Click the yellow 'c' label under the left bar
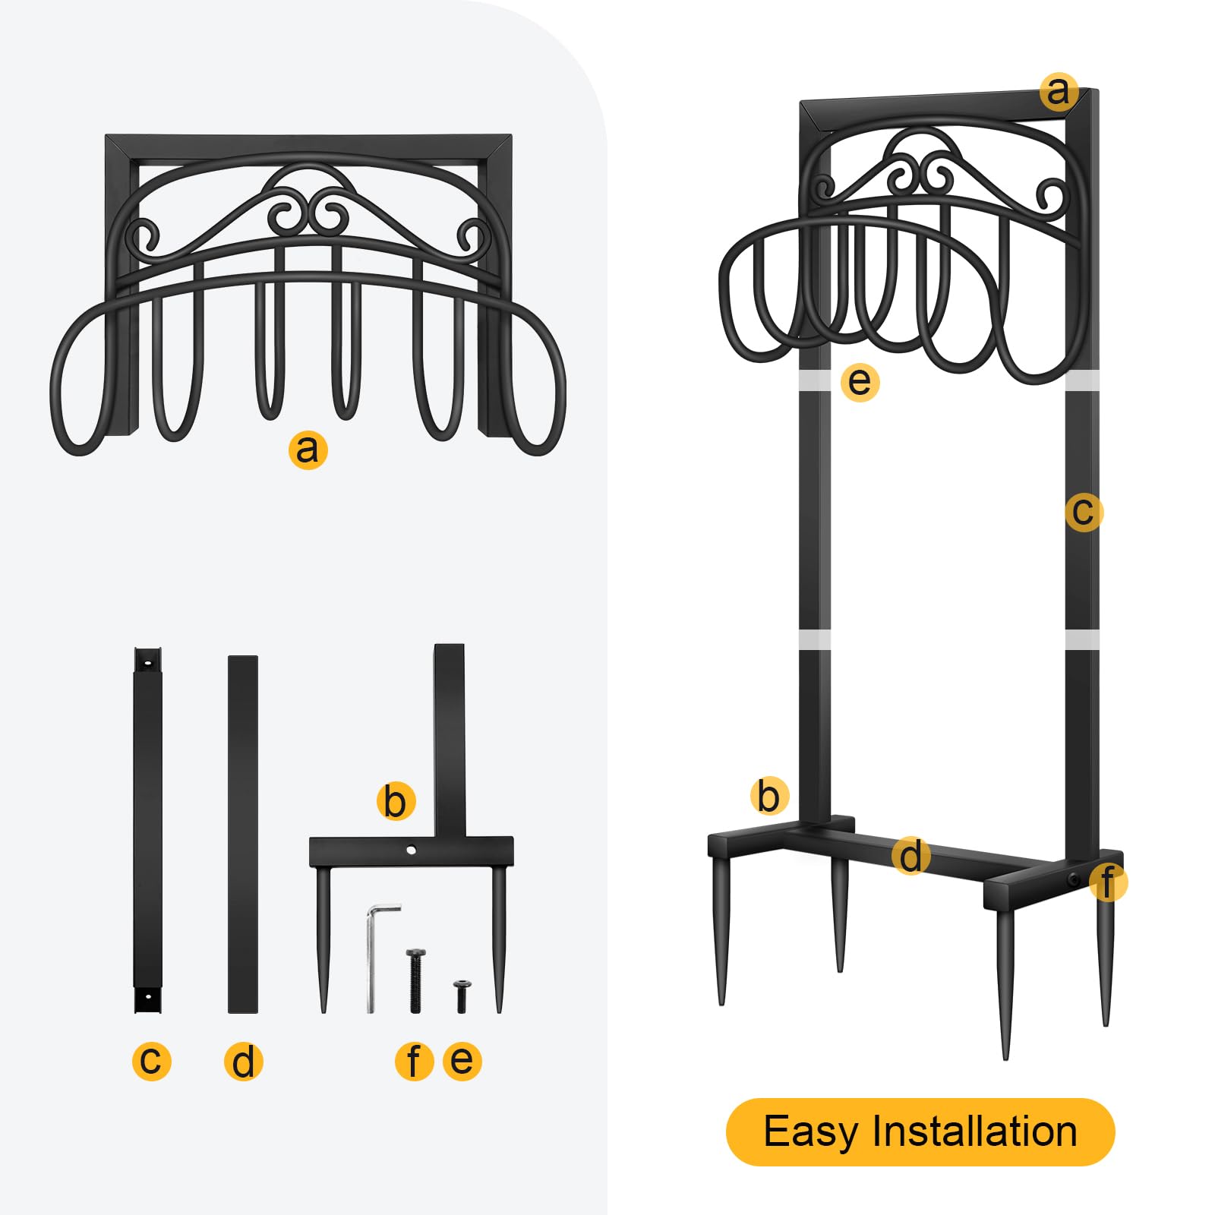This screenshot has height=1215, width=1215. [151, 1060]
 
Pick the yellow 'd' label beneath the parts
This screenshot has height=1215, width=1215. [244, 1061]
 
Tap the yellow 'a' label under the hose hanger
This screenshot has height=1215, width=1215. [308, 449]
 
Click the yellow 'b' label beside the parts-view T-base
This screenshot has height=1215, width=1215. [396, 801]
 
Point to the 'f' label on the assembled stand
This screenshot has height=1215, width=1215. [1108, 882]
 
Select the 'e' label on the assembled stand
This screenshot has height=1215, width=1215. [860, 381]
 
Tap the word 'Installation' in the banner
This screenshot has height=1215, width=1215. [974, 1131]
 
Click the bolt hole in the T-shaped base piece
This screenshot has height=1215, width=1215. [411, 850]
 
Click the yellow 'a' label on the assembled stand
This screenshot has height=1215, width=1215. [1059, 92]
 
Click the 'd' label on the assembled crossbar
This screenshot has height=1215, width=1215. [910, 856]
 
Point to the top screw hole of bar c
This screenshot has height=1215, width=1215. [147, 664]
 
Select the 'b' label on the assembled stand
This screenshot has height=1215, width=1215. [769, 797]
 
